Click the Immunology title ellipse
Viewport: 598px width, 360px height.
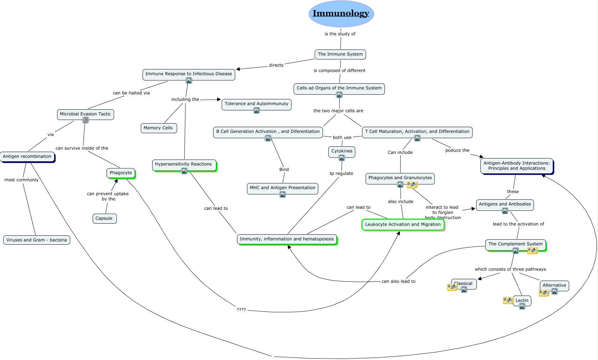tap(341, 14)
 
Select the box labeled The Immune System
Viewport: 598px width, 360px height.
tap(340, 54)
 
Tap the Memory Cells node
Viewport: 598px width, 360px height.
tap(159, 128)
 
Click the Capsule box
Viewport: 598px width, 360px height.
tap(104, 218)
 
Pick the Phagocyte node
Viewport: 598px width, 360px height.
tap(121, 173)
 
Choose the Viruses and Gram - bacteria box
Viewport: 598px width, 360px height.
tap(37, 240)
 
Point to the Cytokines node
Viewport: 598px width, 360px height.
tap(342, 151)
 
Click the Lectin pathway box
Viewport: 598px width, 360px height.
tap(522, 300)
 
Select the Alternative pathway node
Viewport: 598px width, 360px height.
tap(555, 285)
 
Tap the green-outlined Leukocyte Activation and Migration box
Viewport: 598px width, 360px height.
tap(403, 224)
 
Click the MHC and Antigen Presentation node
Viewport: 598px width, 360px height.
tap(282, 188)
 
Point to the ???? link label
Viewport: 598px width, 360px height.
tap(241, 310)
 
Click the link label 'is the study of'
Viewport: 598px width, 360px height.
tap(340, 34)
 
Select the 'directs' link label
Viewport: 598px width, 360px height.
tap(276, 65)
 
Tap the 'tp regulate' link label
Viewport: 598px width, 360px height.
tap(341, 173)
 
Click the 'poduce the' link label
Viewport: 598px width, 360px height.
tap(457, 150)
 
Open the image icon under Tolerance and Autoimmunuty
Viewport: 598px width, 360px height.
tap(257, 110)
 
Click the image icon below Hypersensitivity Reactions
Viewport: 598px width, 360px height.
tap(184, 171)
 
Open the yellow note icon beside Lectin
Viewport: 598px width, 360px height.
tap(508, 301)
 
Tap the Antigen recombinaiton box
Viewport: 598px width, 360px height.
tap(27, 156)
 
